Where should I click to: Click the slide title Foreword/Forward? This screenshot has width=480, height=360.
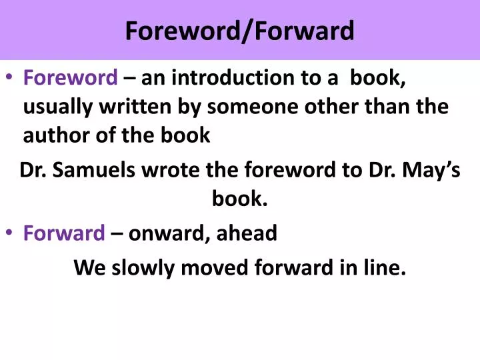(x=240, y=31)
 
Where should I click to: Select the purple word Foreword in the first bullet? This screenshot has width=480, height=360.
(x=70, y=79)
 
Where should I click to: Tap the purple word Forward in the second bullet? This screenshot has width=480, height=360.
(x=64, y=233)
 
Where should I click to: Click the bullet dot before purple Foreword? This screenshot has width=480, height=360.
(x=11, y=79)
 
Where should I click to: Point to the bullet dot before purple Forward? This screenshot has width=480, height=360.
(x=11, y=233)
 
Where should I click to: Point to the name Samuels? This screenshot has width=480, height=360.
(x=97, y=171)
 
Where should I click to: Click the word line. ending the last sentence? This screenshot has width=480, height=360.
(x=384, y=268)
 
